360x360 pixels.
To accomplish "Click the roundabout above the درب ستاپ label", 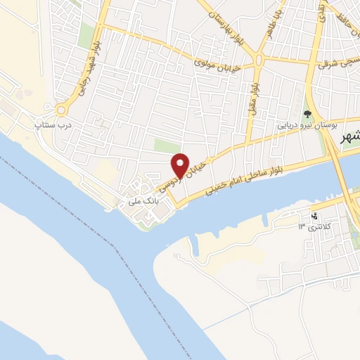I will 61,109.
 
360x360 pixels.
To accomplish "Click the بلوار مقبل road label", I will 251,95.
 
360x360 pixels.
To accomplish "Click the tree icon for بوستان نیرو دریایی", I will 307,112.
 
